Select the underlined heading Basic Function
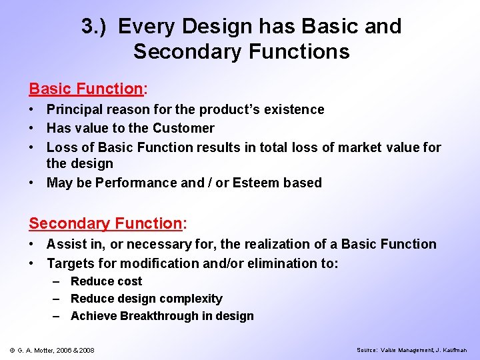click(85, 89)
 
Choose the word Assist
click(63, 244)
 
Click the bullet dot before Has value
click(33, 128)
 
